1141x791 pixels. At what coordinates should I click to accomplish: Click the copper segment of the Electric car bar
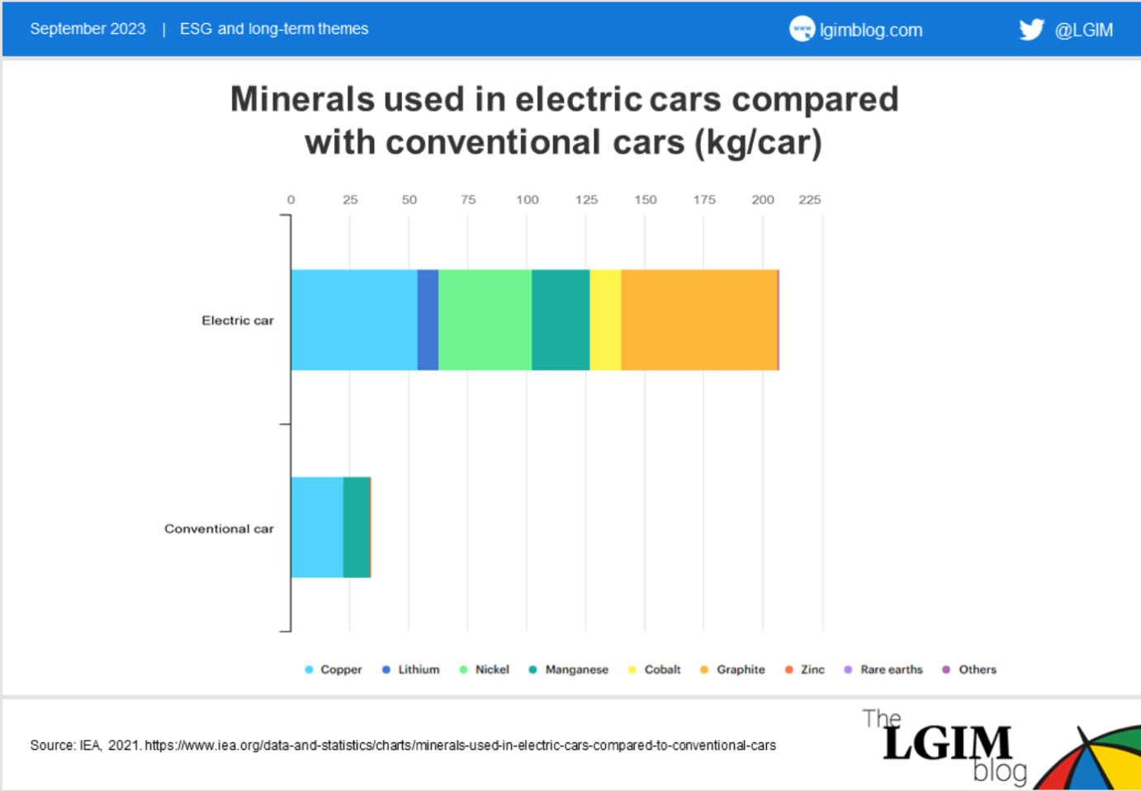[x=353, y=320]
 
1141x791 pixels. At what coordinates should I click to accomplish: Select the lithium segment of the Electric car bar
[x=428, y=320]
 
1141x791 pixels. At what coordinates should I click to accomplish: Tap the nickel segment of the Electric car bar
[x=485, y=320]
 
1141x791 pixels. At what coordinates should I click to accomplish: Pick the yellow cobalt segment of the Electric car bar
[x=605, y=320]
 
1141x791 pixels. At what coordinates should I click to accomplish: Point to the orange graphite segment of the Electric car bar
[x=698, y=320]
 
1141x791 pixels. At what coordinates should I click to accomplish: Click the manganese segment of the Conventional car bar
[x=356, y=527]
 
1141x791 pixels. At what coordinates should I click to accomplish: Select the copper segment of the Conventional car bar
[x=317, y=527]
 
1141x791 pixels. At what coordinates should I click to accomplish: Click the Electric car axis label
[x=237, y=320]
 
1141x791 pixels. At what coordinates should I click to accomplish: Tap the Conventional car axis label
[x=219, y=528]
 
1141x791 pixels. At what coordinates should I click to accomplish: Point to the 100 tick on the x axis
[x=527, y=200]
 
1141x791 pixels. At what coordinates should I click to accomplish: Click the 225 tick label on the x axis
[x=809, y=200]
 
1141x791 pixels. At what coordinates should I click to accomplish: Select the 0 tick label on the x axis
[x=291, y=200]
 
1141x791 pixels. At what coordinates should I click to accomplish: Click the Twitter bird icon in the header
[x=1031, y=30]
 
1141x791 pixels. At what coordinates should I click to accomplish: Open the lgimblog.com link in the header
[x=870, y=31]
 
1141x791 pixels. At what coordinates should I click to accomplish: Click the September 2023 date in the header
[x=88, y=29]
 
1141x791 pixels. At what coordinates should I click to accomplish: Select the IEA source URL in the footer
[x=460, y=746]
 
